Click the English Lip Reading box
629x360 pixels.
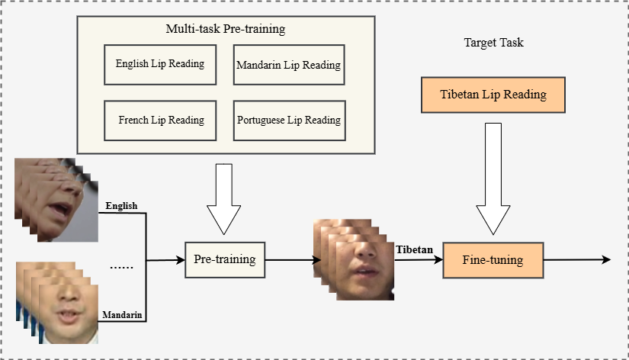pyautogui.click(x=160, y=64)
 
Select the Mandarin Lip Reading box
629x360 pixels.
pyautogui.click(x=288, y=66)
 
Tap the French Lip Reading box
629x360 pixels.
pyautogui.click(x=160, y=120)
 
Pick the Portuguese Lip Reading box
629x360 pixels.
pyautogui.click(x=288, y=120)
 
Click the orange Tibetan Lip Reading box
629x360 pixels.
pyautogui.click(x=493, y=95)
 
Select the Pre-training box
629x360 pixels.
pyautogui.click(x=224, y=259)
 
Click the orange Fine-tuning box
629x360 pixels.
pyautogui.click(x=493, y=260)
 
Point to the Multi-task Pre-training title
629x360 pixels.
pyautogui.click(x=225, y=30)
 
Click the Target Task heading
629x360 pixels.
pyautogui.click(x=493, y=43)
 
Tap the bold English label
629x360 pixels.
pyautogui.click(x=121, y=205)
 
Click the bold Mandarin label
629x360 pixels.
pyautogui.click(x=121, y=314)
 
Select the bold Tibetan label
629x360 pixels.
pyautogui.click(x=414, y=249)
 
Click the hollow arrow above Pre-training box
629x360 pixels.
pyautogui.click(x=224, y=198)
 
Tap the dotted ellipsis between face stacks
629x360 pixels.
pyautogui.click(x=122, y=268)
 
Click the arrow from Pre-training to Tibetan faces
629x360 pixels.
pyautogui.click(x=291, y=260)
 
